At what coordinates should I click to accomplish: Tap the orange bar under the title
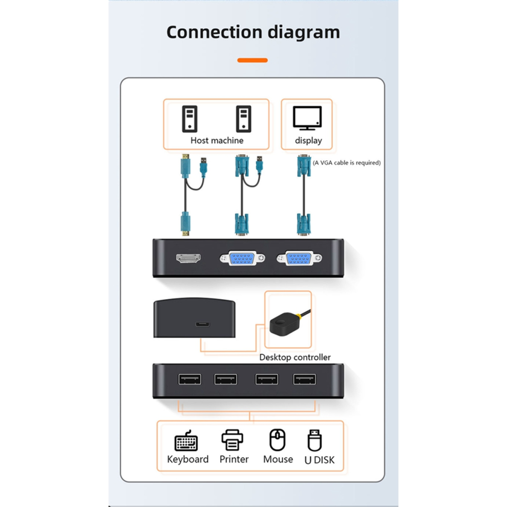tap(252, 60)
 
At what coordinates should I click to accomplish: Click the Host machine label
tap(217, 140)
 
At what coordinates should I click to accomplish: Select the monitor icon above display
tap(307, 118)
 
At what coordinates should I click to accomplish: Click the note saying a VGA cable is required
tap(347, 163)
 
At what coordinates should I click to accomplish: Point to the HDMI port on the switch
tap(188, 258)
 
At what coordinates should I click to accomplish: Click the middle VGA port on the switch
tap(242, 258)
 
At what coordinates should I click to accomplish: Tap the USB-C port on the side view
tap(202, 324)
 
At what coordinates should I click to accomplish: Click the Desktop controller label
tap(295, 357)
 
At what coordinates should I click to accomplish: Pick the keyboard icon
tap(186, 440)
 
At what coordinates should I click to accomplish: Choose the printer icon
tap(232, 440)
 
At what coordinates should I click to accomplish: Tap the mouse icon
tap(278, 440)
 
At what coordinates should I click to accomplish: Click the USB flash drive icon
tap(314, 440)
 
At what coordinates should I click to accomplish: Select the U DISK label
tap(320, 460)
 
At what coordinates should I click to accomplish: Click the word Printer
tap(234, 459)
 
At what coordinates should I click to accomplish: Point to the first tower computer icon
tap(189, 119)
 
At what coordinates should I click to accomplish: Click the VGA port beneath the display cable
tap(299, 258)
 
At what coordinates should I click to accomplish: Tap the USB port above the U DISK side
tap(305, 379)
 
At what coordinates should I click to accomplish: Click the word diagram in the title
tap(304, 33)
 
